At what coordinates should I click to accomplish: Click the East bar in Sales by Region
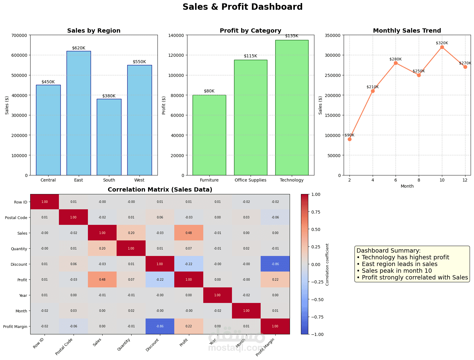coord(78,113)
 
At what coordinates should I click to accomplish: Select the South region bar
coord(109,137)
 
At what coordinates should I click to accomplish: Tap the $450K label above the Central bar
coord(48,82)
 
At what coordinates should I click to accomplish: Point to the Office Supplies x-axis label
coord(250,180)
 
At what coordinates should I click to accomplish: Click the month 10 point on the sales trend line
coord(442,47)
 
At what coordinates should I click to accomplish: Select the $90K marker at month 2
coord(349,139)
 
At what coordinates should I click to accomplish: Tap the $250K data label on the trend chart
coord(418,71)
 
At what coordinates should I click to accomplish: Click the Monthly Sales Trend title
coord(407,31)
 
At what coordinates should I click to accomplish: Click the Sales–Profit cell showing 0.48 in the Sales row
coord(189,233)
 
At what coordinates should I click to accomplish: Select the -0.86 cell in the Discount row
coord(275,264)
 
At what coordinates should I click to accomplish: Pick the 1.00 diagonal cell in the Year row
coord(218,295)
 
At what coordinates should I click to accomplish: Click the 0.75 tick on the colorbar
coord(317,212)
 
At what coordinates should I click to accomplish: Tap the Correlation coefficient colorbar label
coord(327,264)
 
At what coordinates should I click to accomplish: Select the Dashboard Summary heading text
coord(388,250)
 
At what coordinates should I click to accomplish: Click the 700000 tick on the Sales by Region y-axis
coord(19,35)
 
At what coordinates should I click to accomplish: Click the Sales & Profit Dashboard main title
coord(242,7)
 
